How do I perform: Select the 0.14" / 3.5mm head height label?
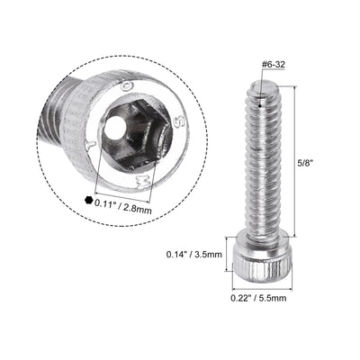click(x=195, y=255)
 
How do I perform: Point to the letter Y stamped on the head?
click(x=89, y=142)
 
